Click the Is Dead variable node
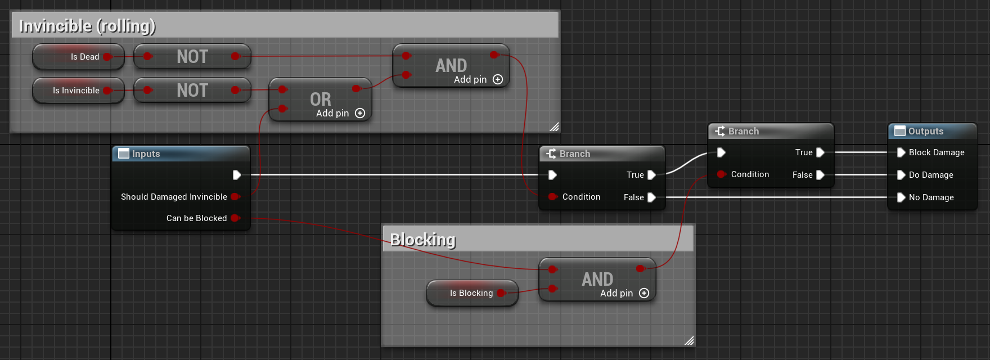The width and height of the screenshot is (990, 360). click(x=79, y=57)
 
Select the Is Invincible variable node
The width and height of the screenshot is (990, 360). click(x=76, y=91)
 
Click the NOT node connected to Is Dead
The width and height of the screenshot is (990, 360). click(x=192, y=57)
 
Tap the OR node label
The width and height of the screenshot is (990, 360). click(x=321, y=99)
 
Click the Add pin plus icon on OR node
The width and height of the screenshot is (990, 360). click(x=360, y=113)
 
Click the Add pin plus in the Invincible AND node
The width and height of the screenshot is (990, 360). click(x=498, y=79)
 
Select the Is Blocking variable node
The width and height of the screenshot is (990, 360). click(x=471, y=293)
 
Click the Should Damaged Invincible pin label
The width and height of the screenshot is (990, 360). click(x=174, y=197)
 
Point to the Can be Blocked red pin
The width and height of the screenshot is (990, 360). click(x=235, y=218)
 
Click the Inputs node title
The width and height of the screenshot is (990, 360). click(x=146, y=154)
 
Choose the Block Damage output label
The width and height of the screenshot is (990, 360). click(x=937, y=152)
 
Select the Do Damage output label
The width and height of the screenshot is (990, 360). click(x=931, y=175)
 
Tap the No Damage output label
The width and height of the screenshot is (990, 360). click(x=931, y=197)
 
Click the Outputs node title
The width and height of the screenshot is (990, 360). click(x=926, y=131)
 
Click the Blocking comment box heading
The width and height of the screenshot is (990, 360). click(x=423, y=240)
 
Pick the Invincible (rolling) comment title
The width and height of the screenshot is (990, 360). click(x=87, y=26)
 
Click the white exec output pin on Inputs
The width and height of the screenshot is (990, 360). click(x=237, y=175)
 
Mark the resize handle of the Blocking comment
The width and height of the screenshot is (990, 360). click(x=689, y=340)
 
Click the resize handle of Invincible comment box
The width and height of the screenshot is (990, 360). click(x=554, y=127)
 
